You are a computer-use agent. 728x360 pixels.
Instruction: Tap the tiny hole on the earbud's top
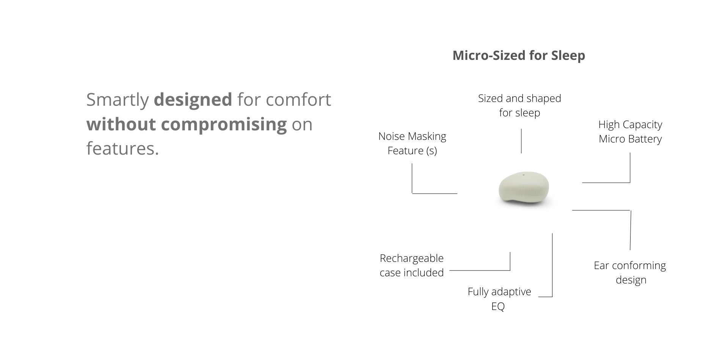[x=524, y=175]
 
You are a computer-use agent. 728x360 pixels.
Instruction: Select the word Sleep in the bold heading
[x=568, y=56]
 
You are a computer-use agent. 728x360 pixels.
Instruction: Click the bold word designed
[x=193, y=99]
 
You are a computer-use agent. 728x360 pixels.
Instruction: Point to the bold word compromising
[x=224, y=124]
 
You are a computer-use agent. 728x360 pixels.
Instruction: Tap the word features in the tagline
[x=122, y=148]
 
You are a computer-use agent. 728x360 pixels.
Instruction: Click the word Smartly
[x=118, y=100]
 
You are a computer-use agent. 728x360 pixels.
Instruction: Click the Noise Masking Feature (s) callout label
[x=412, y=143]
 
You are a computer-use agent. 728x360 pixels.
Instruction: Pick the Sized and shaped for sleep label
[x=519, y=105]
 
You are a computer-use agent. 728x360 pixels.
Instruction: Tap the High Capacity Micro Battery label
[x=630, y=131]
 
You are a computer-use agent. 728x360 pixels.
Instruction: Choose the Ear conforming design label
[x=630, y=272]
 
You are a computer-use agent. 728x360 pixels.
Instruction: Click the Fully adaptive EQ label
[x=499, y=299]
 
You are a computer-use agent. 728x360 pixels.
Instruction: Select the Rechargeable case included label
[x=411, y=265]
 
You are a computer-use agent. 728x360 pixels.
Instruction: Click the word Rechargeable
[x=411, y=258]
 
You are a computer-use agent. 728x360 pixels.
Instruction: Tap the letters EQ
[x=498, y=306]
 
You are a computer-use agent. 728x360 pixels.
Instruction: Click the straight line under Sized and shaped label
[x=521, y=141]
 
